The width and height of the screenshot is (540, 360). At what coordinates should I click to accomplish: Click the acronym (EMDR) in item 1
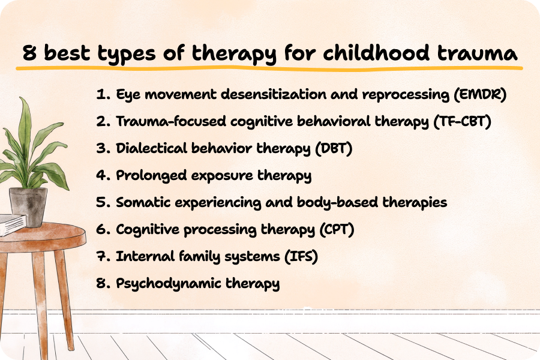(480, 94)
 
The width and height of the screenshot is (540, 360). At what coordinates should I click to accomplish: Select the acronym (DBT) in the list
(334, 148)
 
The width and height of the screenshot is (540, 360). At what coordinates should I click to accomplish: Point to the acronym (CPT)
(337, 229)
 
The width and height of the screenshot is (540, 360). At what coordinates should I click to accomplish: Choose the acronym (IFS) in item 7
(301, 257)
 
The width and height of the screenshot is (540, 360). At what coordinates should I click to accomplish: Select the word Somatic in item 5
(143, 202)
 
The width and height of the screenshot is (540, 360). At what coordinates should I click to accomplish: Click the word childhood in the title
(376, 53)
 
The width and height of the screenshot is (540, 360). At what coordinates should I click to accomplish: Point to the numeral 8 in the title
(29, 53)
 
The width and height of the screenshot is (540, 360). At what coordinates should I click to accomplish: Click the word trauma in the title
(478, 54)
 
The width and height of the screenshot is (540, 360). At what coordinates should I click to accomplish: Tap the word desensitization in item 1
(274, 94)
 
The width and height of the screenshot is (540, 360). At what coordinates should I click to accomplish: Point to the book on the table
(12, 224)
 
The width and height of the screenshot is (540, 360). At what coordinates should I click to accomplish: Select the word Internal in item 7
(145, 257)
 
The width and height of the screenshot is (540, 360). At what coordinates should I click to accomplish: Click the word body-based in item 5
(337, 202)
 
